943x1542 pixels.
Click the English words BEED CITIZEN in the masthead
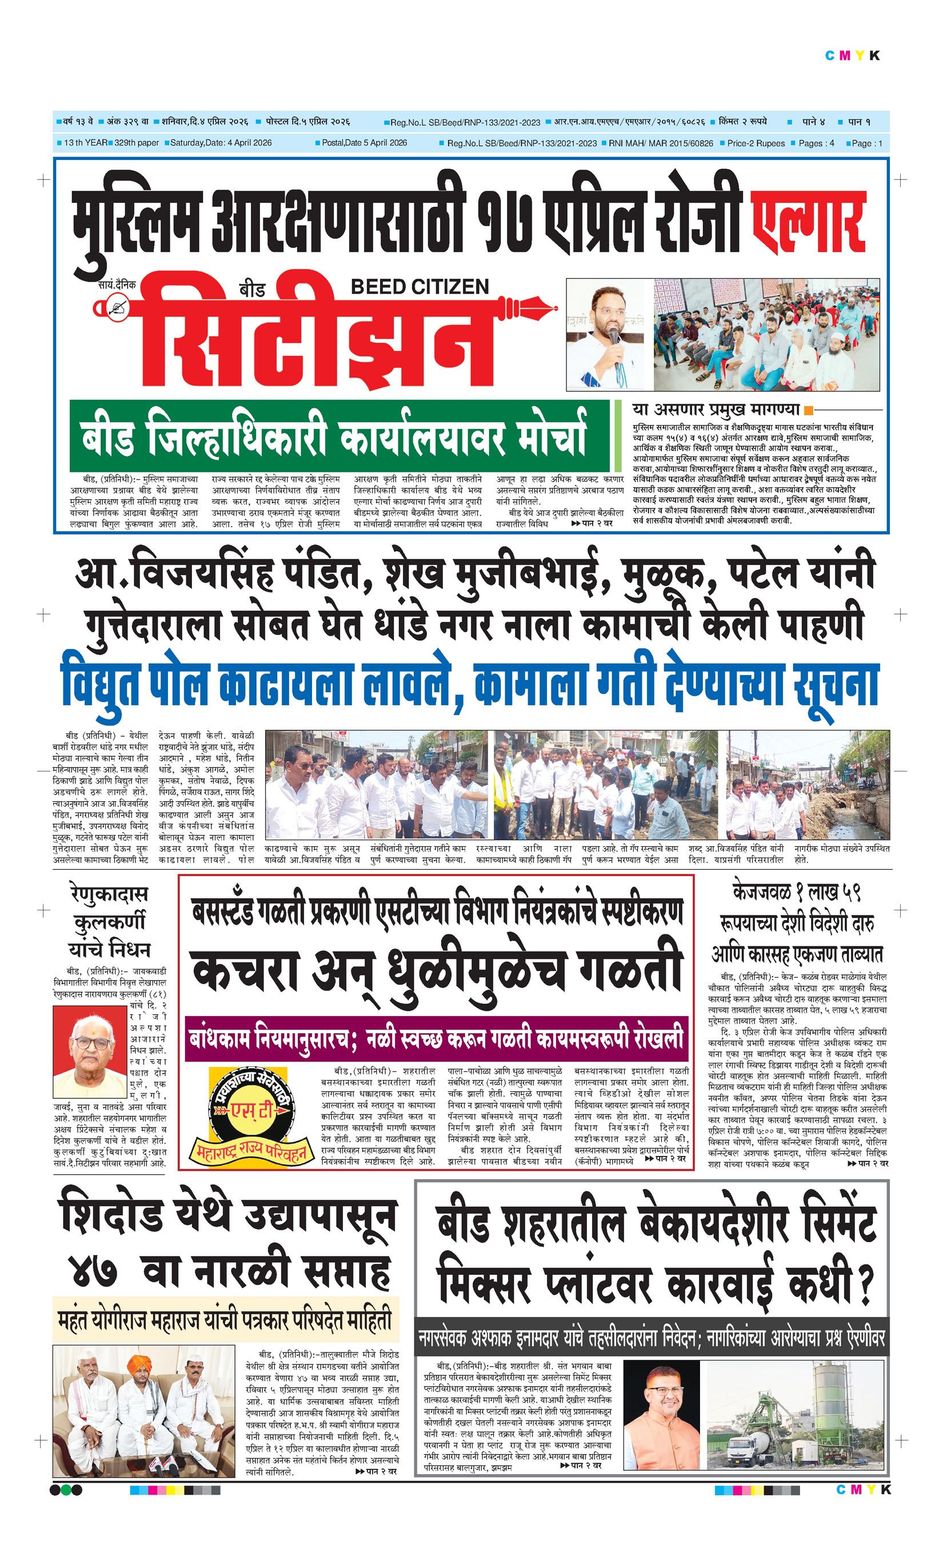(x=419, y=287)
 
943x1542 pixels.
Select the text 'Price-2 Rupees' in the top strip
(x=755, y=143)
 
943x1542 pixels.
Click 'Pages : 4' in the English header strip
(x=816, y=143)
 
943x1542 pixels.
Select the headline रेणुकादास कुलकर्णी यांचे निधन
(x=110, y=922)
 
